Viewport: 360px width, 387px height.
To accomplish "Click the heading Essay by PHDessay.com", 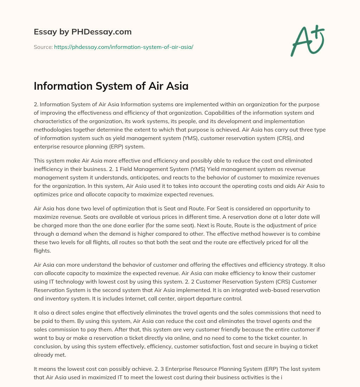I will pyautogui.click(x=83, y=32).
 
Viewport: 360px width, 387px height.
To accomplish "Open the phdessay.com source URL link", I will pyautogui.click(x=123, y=47).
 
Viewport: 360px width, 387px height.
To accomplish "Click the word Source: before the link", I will pyautogui.click(x=43, y=47).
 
